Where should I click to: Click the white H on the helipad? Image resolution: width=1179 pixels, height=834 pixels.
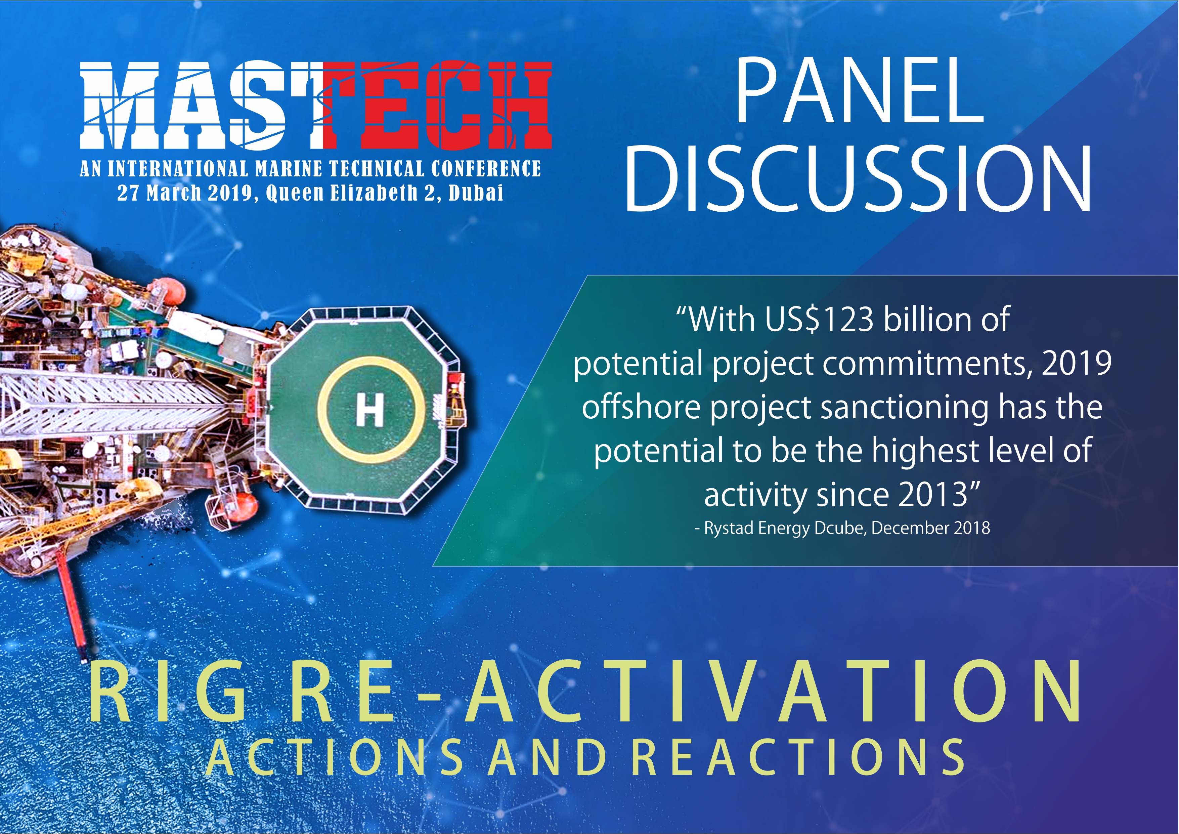370,410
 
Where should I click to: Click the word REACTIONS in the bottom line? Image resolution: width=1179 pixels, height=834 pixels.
797,757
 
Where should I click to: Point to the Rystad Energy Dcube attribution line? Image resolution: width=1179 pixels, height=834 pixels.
842,529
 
